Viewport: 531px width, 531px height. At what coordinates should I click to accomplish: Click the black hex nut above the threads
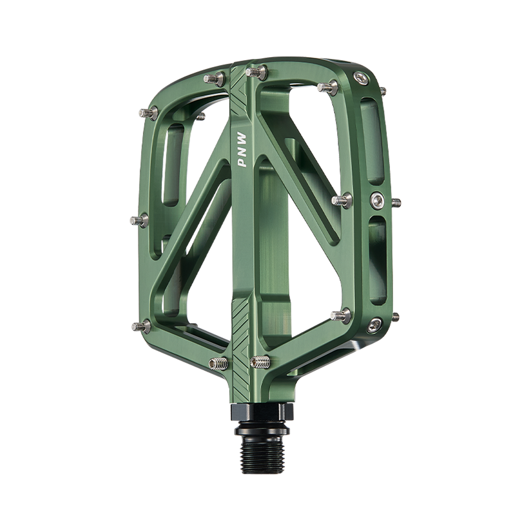click(x=262, y=412)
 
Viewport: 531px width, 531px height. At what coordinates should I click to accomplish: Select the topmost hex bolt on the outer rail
click(x=361, y=78)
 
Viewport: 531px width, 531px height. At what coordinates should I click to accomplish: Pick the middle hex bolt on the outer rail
click(x=378, y=200)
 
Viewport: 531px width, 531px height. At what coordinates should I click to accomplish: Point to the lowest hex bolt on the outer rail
click(x=374, y=325)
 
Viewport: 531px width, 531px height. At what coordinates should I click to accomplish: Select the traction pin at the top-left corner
click(x=148, y=113)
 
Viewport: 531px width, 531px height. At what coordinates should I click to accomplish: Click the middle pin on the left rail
click(x=139, y=221)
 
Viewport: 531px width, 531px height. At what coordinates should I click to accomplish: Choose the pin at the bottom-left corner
click(x=141, y=327)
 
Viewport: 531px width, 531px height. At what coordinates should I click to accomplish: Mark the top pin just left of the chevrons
click(x=214, y=79)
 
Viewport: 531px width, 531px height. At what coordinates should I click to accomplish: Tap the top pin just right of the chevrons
click(x=256, y=72)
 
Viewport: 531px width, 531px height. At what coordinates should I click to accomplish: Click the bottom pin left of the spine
click(x=219, y=364)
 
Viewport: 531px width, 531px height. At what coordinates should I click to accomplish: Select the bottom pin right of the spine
click(x=260, y=361)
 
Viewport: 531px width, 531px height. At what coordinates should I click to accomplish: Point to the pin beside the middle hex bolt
click(x=342, y=200)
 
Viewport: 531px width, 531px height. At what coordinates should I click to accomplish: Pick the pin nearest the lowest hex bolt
click(x=341, y=315)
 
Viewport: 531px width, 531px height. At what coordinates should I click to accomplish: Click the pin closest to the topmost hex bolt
click(x=328, y=88)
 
